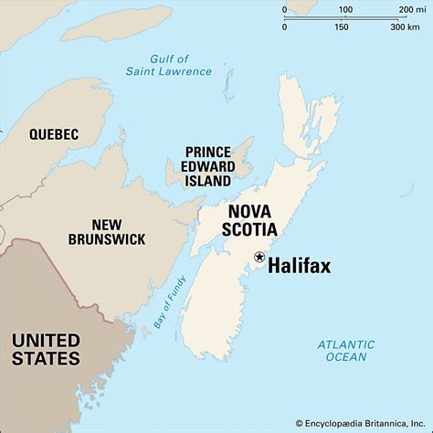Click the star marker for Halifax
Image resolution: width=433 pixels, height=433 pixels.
[x=259, y=257]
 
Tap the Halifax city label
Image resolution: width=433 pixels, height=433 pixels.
[x=300, y=266]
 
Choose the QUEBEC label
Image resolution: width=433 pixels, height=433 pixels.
[x=53, y=134]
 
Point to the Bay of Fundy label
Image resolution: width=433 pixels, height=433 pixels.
[x=171, y=301]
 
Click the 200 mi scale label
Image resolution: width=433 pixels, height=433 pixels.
[x=404, y=11]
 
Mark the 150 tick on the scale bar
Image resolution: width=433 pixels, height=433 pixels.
[x=342, y=26]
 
